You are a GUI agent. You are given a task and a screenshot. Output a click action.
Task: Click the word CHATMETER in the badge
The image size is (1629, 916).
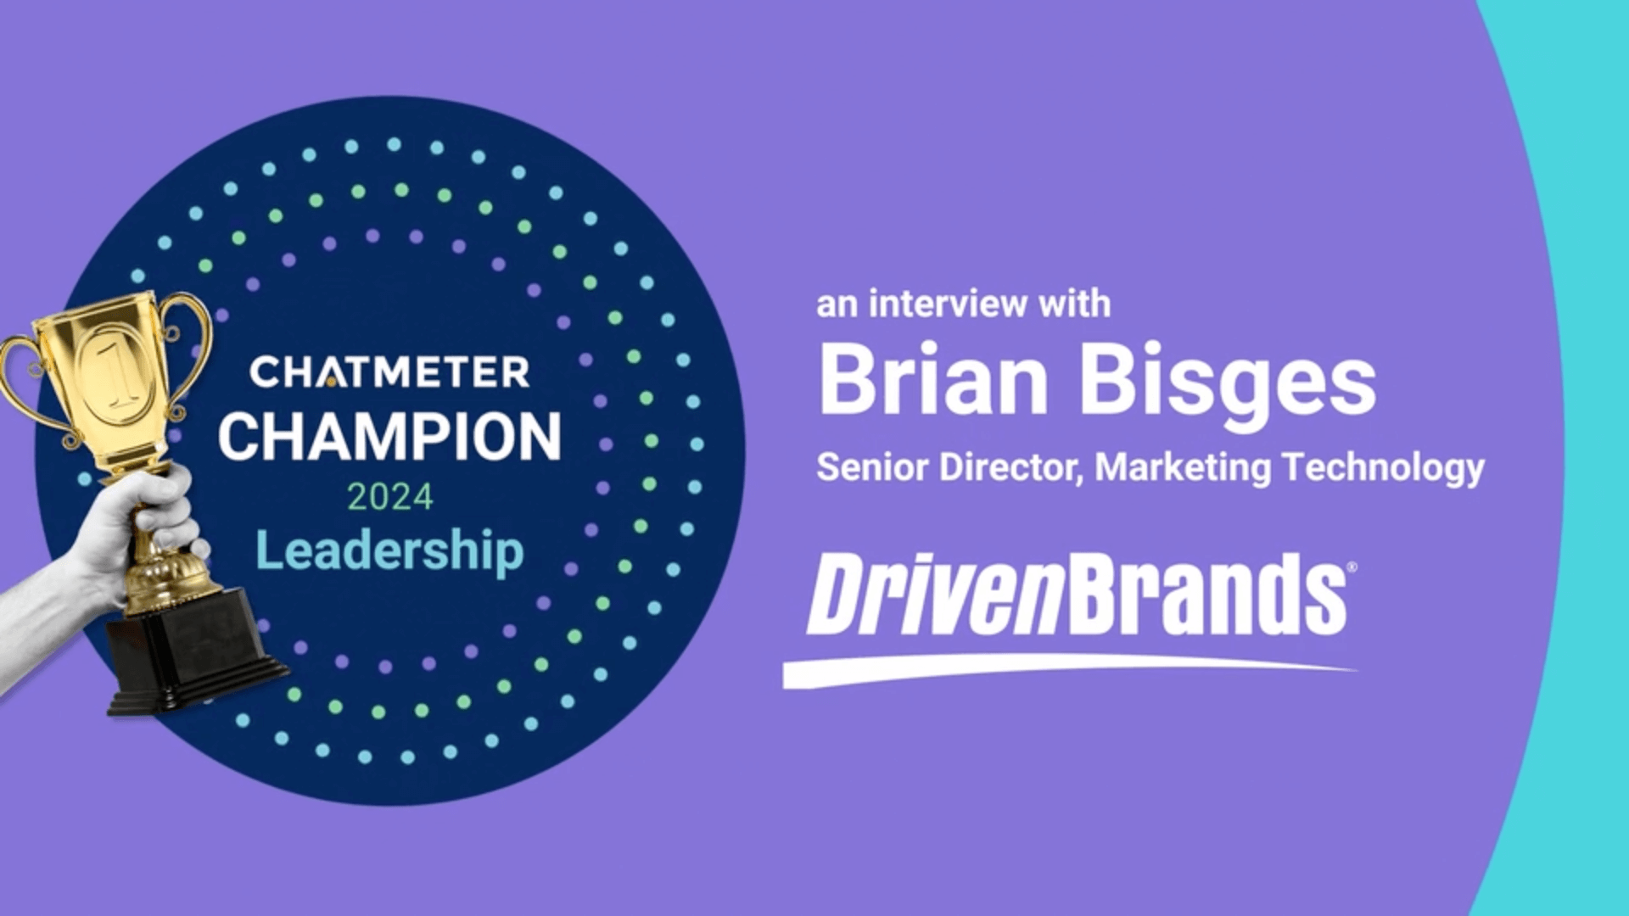tap(389, 372)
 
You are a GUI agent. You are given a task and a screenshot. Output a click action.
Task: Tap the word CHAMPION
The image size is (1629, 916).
tap(389, 437)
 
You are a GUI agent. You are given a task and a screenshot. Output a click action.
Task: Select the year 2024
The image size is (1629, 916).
tap(389, 497)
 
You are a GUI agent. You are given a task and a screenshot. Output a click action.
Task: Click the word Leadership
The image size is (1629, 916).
tap(389, 551)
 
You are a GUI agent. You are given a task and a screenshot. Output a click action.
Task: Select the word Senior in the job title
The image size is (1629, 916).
tap(872, 467)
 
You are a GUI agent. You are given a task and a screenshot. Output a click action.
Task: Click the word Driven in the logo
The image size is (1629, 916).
tap(933, 594)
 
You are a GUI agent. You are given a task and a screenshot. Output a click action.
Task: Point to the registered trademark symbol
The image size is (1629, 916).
tap(1352, 567)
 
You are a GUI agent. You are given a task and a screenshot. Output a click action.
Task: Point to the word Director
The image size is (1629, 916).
tap(1010, 467)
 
